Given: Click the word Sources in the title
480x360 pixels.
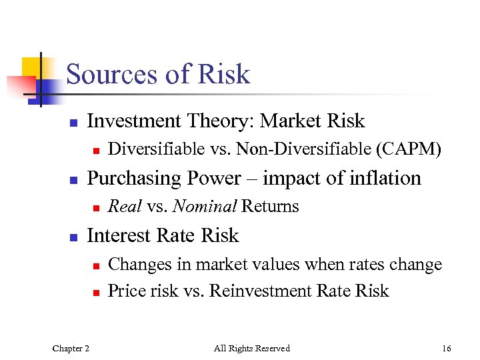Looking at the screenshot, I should [112, 74].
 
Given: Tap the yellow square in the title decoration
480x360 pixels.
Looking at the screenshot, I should [33, 67].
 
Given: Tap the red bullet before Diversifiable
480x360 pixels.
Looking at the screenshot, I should [96, 151].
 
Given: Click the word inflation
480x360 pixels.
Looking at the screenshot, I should [389, 179].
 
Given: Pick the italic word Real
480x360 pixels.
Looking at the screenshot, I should [125, 207].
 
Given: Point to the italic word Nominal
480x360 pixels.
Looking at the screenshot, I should [205, 207].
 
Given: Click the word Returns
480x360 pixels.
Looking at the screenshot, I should [270, 207].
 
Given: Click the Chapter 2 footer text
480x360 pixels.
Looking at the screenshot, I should [71, 348].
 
